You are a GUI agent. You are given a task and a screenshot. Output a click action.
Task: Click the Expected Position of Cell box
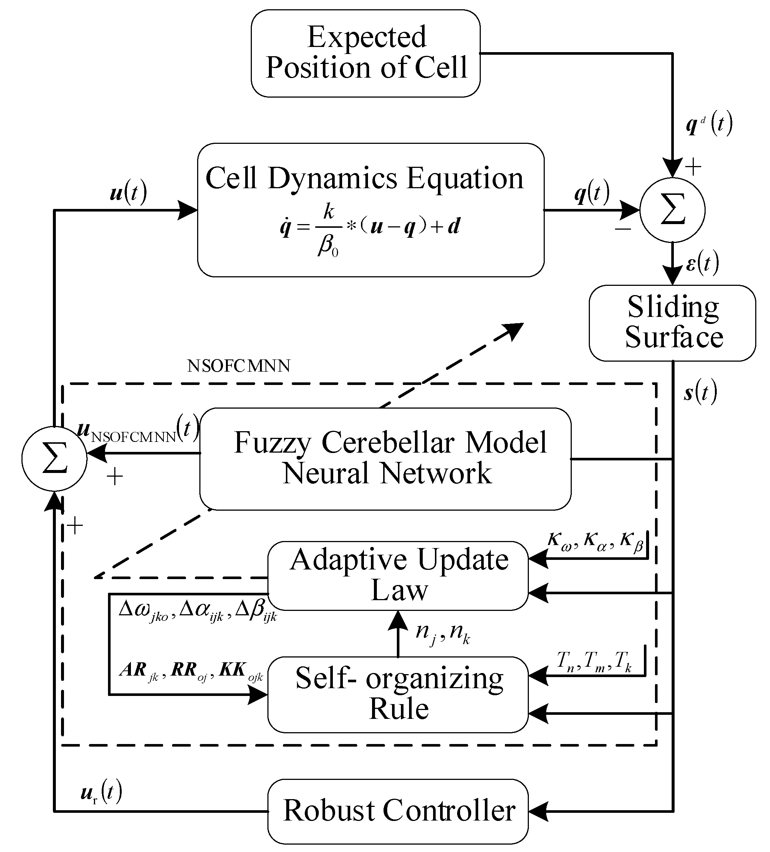pos(365,53)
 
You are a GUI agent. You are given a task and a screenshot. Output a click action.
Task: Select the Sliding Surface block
pos(672,323)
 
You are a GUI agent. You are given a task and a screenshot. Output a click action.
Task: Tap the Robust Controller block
pos(398,811)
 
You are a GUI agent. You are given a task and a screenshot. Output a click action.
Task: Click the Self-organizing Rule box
pos(398,694)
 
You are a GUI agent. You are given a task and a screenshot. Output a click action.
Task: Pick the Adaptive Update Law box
pos(398,576)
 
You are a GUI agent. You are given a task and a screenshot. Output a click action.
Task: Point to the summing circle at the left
pos(54,458)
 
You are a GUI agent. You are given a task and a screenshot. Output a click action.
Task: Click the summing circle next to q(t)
pos(672,210)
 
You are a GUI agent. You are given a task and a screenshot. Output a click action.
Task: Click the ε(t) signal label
pos(702,263)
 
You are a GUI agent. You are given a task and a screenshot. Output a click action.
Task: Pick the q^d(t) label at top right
pos(708,124)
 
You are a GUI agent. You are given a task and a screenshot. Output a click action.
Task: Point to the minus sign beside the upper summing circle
pos(623,229)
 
